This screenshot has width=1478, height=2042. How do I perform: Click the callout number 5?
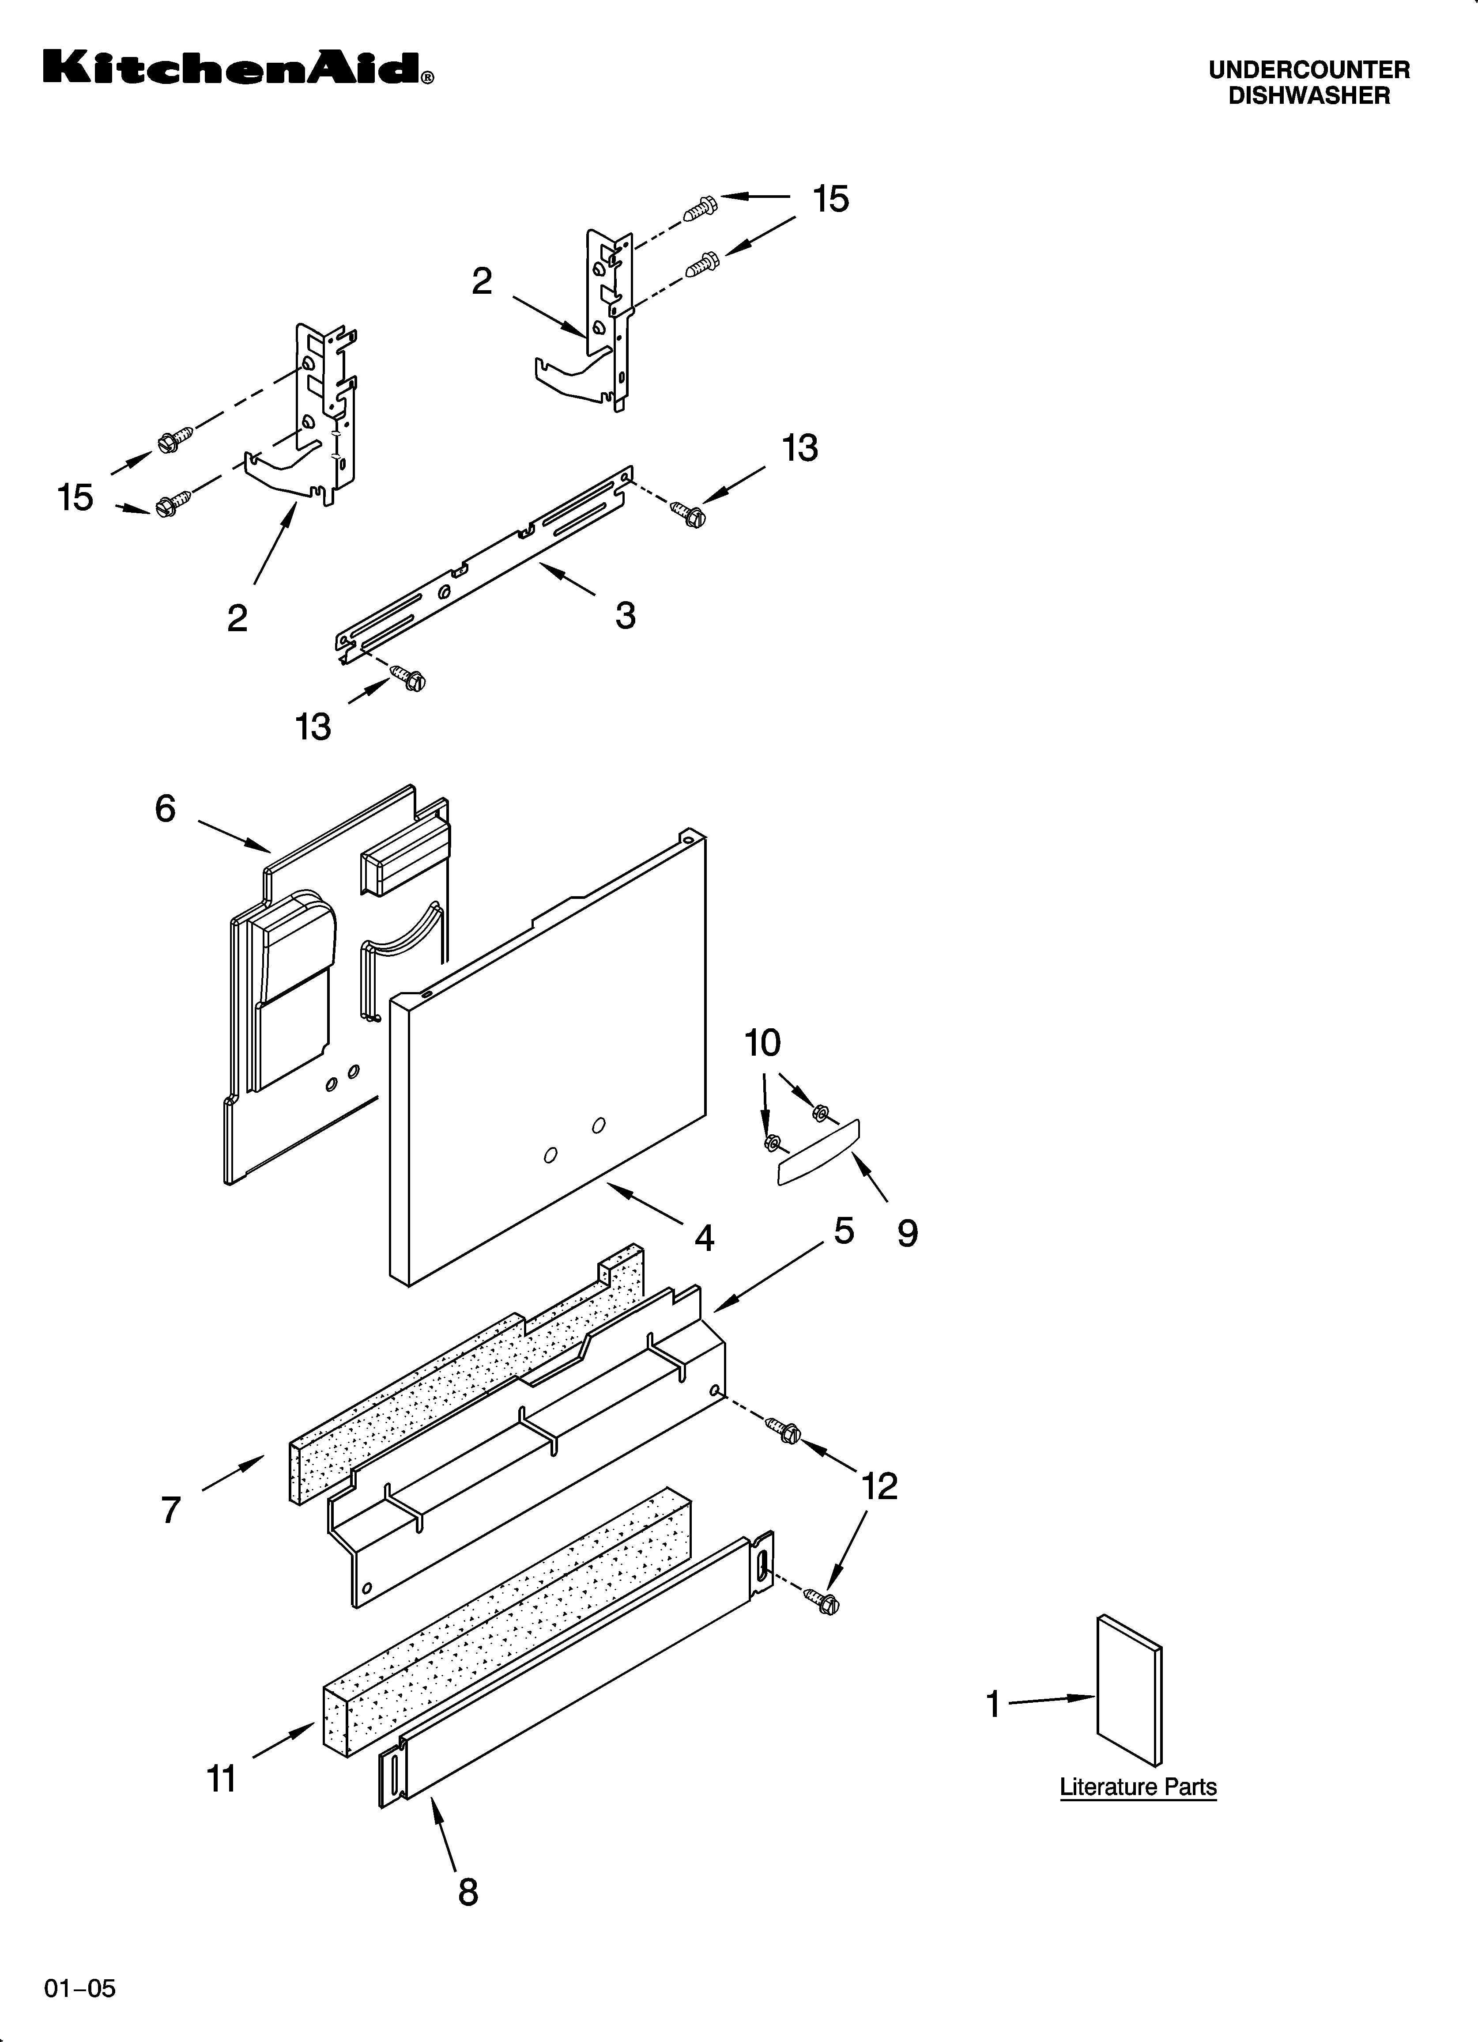pos(844,1230)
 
